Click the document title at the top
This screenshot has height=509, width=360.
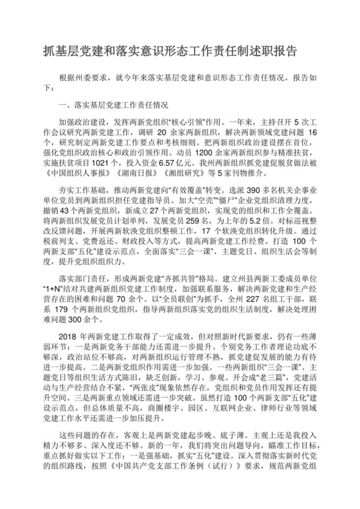click(x=180, y=49)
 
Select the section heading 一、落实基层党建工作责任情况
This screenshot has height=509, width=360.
click(x=113, y=103)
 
